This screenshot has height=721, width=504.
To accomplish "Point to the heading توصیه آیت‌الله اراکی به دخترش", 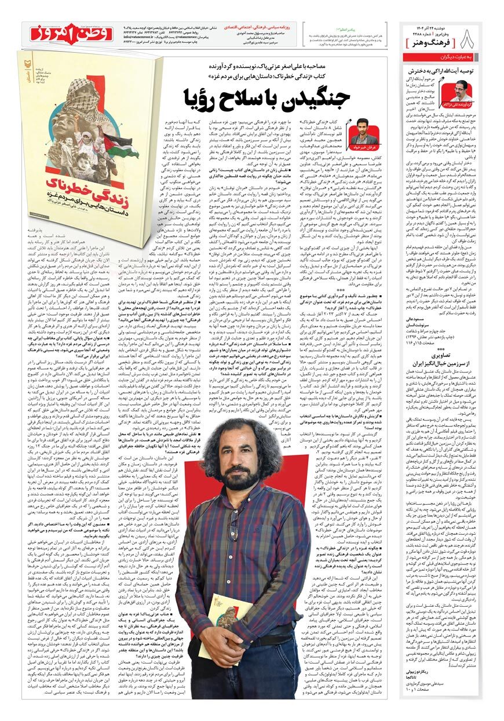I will click(441, 70).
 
